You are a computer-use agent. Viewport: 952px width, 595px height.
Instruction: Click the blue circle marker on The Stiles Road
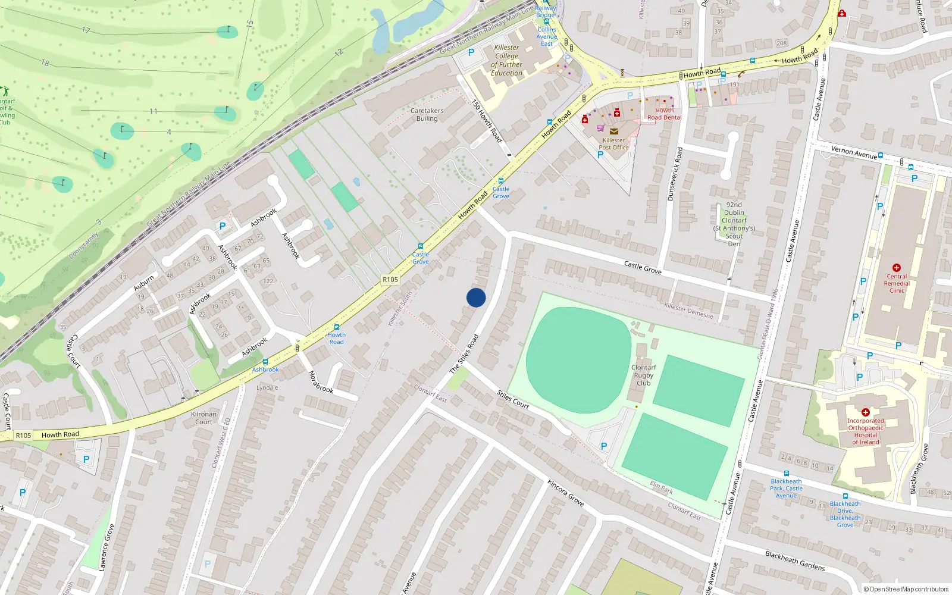pos(476,297)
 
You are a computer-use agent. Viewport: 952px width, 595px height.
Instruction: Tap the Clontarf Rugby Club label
pos(643,375)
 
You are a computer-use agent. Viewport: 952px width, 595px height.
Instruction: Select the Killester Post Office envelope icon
pos(614,131)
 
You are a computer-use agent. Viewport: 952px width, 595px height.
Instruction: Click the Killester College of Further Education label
pos(507,60)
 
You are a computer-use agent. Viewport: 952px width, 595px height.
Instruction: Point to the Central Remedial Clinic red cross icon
pos(897,268)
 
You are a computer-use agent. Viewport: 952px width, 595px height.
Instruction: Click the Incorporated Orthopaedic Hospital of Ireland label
pos(866,431)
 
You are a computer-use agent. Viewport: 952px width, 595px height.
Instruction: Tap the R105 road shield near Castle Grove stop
pos(390,280)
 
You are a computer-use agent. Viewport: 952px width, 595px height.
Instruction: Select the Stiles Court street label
pos(513,400)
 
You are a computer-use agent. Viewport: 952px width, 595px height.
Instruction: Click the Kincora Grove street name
pos(565,493)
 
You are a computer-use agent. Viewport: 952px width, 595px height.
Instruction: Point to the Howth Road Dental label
pos(665,114)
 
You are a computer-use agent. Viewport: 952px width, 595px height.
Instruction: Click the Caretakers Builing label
pos(427,115)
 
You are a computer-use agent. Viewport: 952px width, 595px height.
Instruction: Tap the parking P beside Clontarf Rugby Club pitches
pos(604,446)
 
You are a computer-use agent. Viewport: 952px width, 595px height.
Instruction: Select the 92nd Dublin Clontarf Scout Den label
pos(734,224)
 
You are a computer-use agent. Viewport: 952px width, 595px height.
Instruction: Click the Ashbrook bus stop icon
pos(265,362)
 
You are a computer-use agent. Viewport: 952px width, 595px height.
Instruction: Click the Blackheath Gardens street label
pos(795,561)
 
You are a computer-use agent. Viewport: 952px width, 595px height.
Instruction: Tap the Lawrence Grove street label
pos(105,548)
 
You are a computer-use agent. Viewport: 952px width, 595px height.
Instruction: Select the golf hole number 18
pos(45,62)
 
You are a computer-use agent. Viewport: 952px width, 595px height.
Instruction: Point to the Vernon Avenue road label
pos(854,152)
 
